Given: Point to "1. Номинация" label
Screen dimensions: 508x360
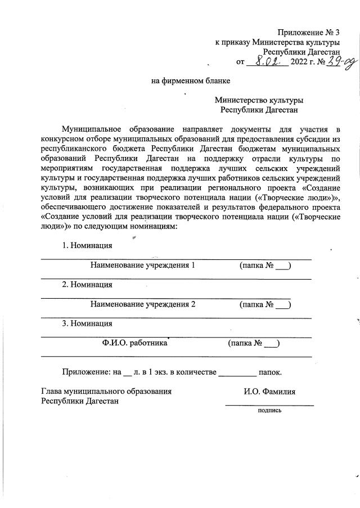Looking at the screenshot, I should click(x=87, y=246).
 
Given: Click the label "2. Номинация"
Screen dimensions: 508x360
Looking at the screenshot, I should click(x=87, y=285).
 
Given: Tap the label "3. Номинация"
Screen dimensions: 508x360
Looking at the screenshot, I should click(x=87, y=323).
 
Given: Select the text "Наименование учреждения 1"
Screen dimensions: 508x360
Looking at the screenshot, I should click(x=143, y=266).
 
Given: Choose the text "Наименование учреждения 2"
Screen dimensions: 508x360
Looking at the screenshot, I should click(x=143, y=305).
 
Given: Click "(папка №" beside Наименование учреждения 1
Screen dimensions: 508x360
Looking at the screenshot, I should click(x=256, y=266).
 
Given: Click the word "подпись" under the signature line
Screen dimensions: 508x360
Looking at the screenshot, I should click(x=269, y=411).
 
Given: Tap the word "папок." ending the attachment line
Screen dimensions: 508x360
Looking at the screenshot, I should click(x=269, y=372).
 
